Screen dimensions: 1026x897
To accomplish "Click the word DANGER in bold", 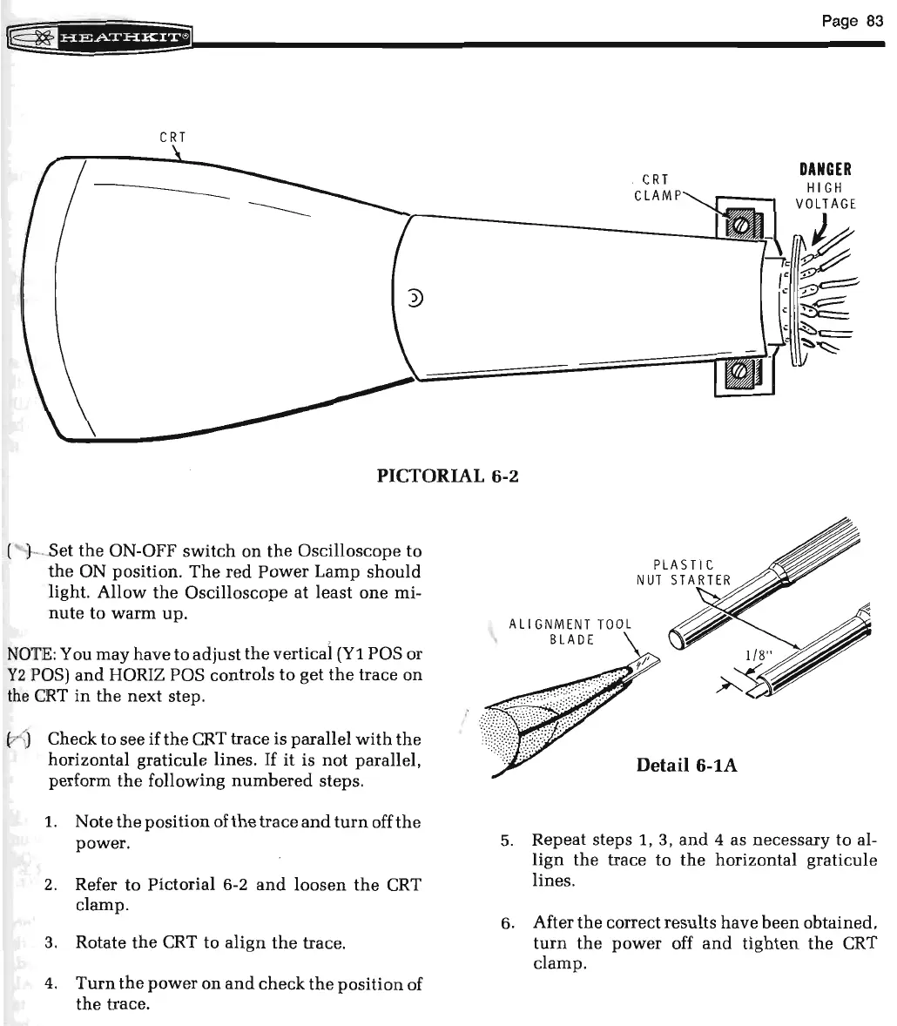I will [826, 170].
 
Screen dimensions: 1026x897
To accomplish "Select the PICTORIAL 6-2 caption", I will [448, 476].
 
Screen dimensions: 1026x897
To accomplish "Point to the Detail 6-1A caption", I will [687, 765].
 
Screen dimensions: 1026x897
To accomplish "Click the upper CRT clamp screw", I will [739, 225].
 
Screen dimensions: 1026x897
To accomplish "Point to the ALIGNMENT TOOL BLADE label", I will [570, 631].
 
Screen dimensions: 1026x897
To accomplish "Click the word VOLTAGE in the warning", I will [826, 205].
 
